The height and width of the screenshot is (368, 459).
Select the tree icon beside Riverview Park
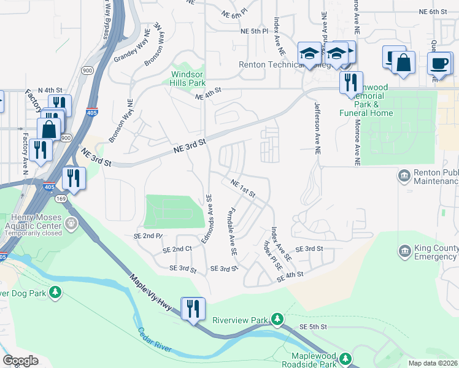point(277,319)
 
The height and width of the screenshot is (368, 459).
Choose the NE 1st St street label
point(243,188)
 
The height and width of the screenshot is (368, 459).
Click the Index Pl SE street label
point(272,256)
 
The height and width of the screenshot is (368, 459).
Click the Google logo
point(20,361)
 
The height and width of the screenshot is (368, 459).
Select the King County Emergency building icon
point(404,251)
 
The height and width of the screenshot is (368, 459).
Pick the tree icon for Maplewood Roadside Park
point(345,358)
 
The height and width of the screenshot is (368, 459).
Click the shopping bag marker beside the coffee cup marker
point(404,63)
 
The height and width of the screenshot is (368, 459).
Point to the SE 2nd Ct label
point(177,250)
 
